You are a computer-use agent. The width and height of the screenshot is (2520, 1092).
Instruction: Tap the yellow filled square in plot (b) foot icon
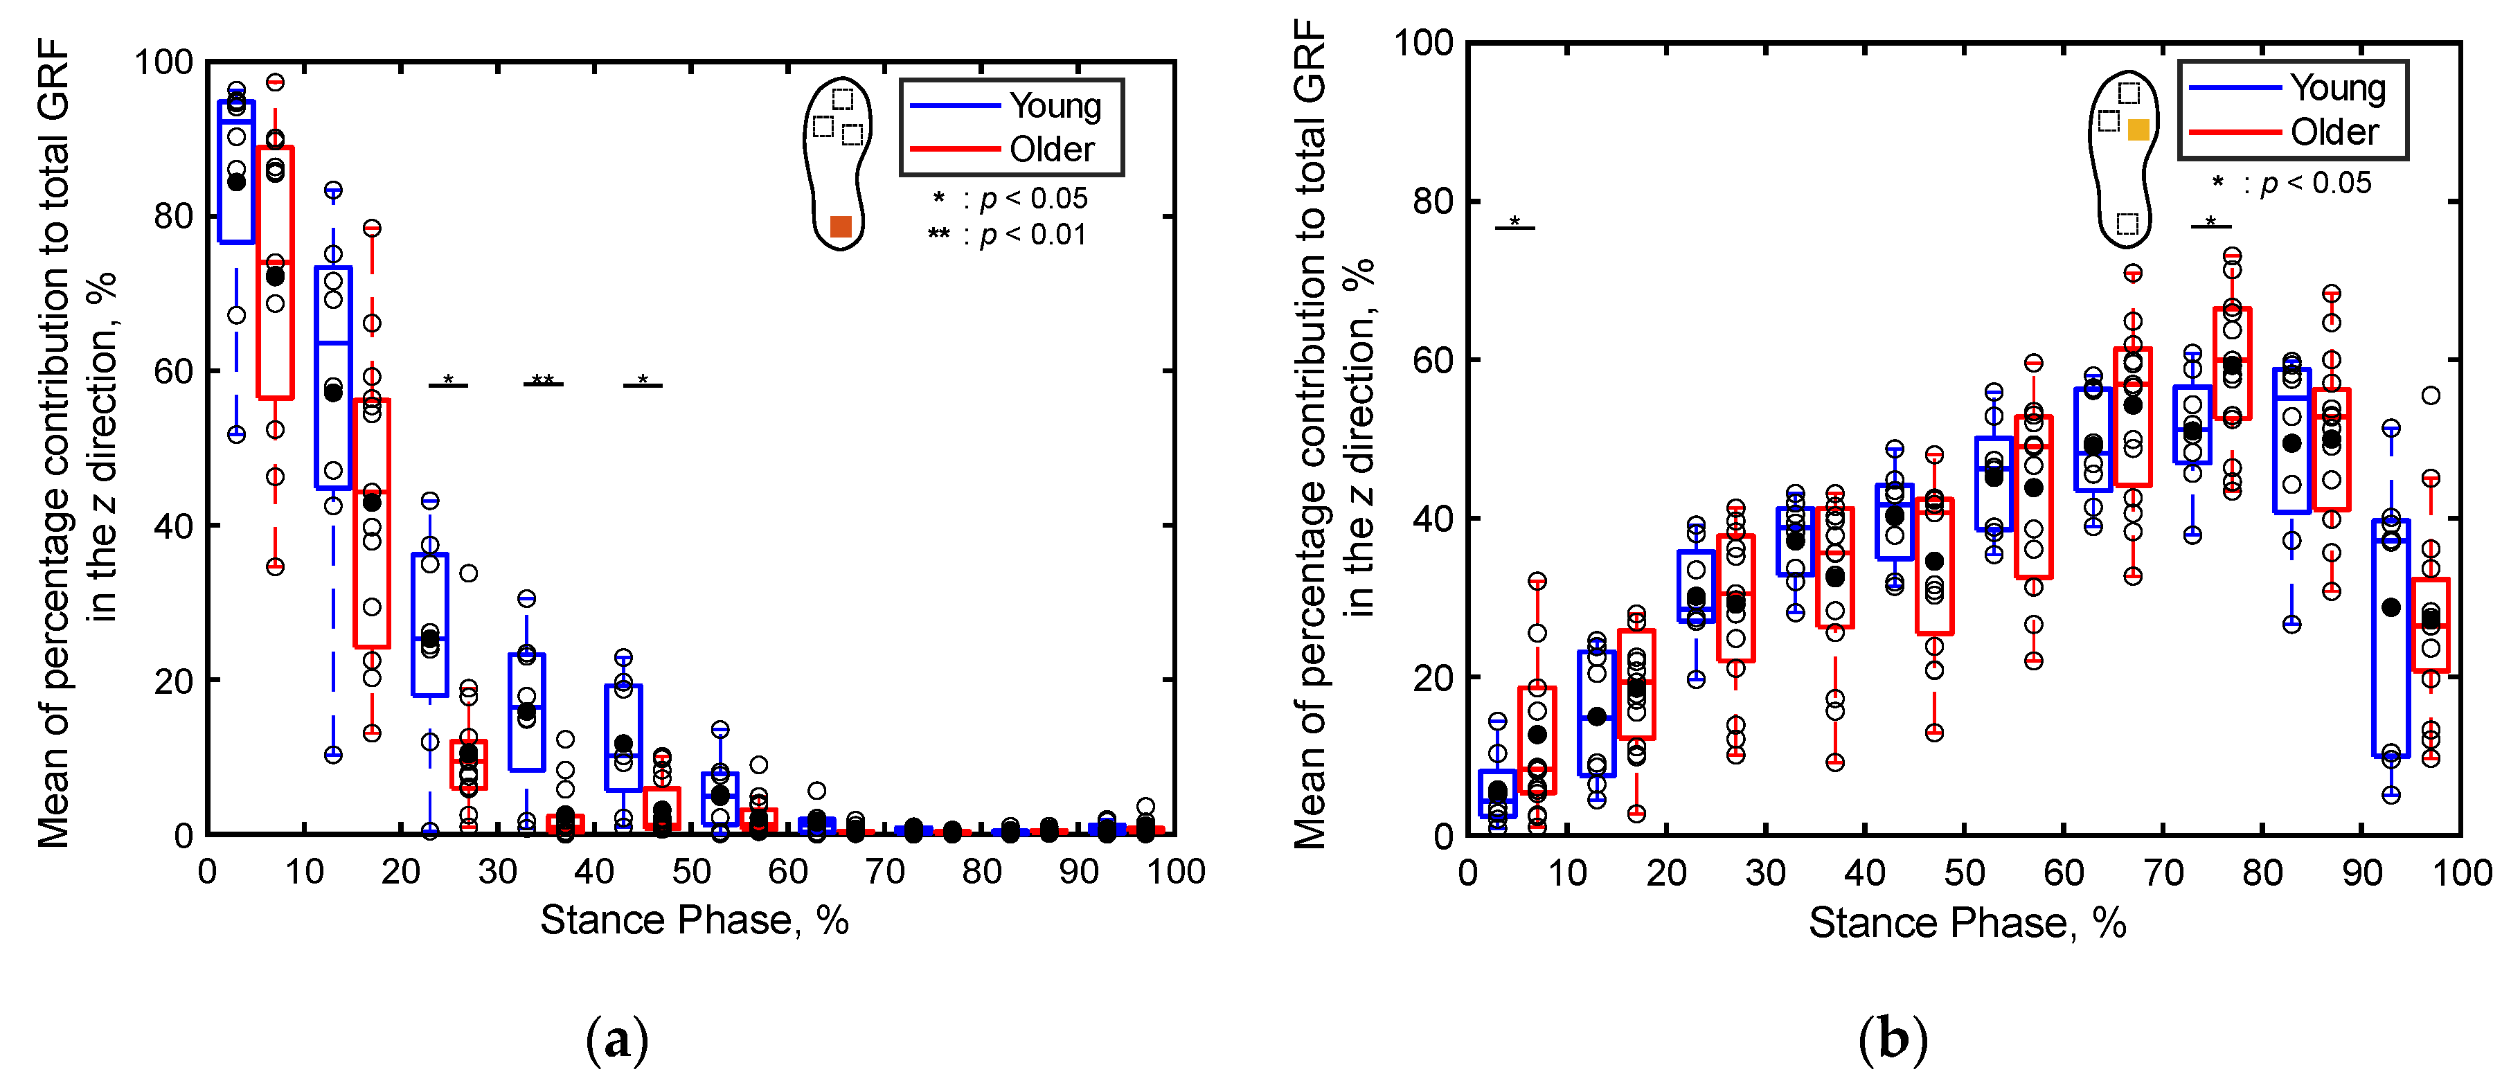[x=2138, y=129]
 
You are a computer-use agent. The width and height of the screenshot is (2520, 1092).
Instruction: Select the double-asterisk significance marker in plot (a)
[x=543, y=379]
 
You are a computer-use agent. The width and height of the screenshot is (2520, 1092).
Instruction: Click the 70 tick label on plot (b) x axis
[x=2163, y=872]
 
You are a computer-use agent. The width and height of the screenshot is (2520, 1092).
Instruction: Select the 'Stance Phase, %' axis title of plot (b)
[x=1966, y=924]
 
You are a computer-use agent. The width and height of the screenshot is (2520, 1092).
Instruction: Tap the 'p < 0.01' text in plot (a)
[x=1032, y=235]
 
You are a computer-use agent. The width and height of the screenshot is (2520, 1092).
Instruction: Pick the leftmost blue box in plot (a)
[x=235, y=171]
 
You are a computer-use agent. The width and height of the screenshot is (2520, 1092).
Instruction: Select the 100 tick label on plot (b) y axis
[x=1423, y=43]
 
